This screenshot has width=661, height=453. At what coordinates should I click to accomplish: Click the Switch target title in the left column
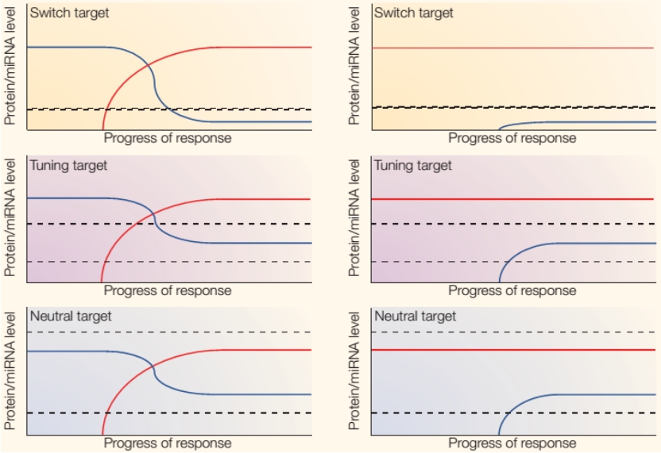point(70,13)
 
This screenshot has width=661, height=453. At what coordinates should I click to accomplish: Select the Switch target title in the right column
point(414,13)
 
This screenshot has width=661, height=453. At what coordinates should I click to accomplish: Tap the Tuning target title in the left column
point(68,166)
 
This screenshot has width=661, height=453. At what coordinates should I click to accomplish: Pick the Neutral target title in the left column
point(71,317)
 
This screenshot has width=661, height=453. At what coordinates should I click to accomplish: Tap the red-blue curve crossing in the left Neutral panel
point(152,363)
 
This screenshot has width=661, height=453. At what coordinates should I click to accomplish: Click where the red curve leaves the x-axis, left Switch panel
point(103,129)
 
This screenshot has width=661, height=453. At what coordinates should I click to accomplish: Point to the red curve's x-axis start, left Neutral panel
point(102,435)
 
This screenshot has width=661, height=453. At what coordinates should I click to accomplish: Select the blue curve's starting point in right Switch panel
point(499,129)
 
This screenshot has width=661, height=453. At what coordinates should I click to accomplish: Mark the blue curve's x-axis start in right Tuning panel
point(500,282)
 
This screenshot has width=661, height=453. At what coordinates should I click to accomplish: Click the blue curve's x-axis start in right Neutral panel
point(500,435)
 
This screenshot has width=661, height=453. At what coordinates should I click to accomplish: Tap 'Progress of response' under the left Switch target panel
point(168,138)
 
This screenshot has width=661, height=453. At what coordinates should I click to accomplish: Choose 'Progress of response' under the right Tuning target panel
point(512,290)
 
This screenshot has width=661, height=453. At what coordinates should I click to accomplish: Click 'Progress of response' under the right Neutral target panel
point(512,443)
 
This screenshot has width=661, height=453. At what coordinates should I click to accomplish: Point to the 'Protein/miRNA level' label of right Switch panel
point(355,66)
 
